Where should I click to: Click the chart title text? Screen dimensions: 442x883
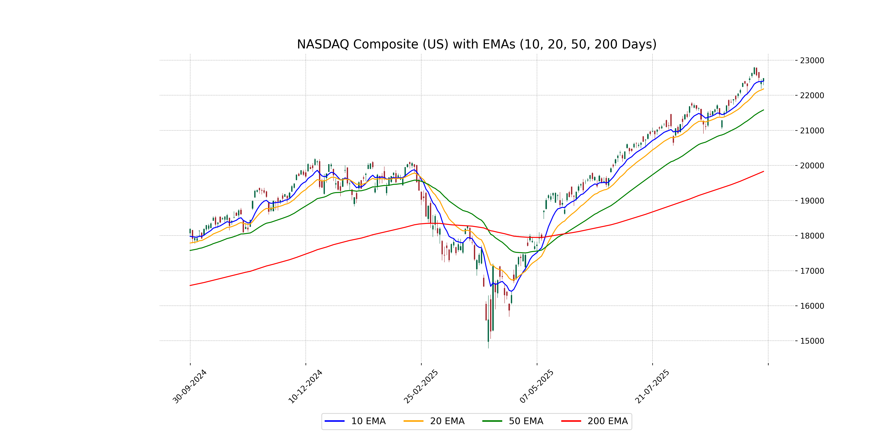476,44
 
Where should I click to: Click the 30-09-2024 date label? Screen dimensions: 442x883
189,386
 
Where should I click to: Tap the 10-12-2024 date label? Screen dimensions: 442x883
305,386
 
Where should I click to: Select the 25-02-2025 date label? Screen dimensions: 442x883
421,386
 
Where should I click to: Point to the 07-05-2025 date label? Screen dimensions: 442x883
536,386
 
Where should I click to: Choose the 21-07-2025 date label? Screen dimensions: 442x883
652,386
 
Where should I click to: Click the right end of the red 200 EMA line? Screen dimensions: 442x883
763,171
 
